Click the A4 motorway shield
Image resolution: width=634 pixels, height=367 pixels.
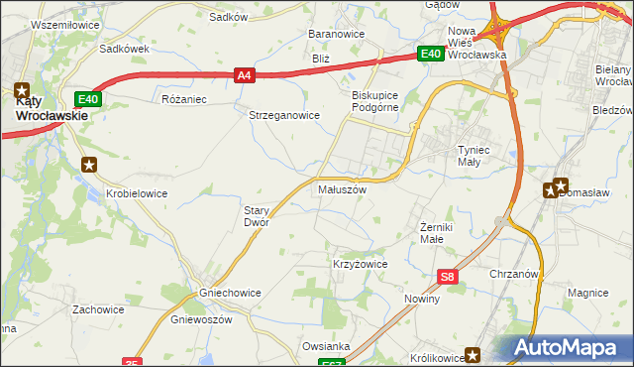[246, 73]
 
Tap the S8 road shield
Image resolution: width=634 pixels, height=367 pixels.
[449, 279]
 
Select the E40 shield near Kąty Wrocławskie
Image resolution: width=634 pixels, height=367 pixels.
[88, 98]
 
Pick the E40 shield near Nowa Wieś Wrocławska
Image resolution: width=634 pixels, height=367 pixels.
[429, 55]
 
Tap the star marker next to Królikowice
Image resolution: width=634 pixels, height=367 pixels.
[475, 354]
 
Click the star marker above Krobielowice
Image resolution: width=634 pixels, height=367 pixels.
[89, 165]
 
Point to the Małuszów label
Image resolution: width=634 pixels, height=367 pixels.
[343, 188]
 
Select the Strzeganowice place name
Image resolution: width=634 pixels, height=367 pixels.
[283, 115]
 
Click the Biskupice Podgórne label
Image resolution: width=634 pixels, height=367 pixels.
[374, 102]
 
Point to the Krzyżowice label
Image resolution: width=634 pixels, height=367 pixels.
[359, 265]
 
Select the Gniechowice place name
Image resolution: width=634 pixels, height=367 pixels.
[202, 294]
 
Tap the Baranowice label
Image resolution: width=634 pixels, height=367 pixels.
[337, 34]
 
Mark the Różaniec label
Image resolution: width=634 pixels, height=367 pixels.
[183, 99]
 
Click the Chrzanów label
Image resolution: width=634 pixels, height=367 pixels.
[513, 274]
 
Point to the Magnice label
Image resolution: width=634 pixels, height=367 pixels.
[587, 293]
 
